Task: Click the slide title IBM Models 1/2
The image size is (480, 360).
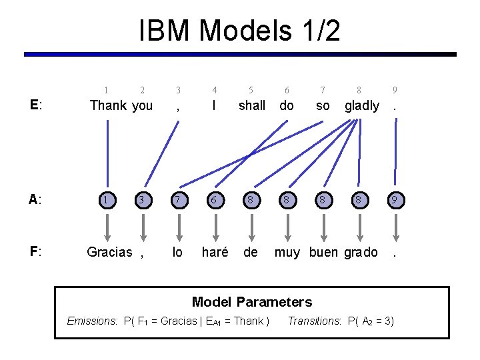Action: coord(239,31)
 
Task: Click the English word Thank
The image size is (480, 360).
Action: coord(108,105)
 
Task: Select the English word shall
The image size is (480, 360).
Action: coord(251,105)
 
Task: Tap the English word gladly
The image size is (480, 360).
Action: coord(361,105)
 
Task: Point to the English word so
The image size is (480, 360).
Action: coord(323,105)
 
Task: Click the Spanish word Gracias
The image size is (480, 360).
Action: coord(109,252)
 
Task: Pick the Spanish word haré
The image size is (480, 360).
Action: coord(215,252)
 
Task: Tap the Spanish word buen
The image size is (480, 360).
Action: coord(323,252)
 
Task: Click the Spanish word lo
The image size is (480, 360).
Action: coord(177,252)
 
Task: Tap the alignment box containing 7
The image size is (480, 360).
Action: coord(178,199)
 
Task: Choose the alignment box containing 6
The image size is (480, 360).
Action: coord(214,199)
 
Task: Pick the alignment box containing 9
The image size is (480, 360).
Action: coord(395,199)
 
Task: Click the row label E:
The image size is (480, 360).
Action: coord(36,105)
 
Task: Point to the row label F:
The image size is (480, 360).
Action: coord(36,252)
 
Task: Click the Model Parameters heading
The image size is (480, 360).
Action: coord(251,302)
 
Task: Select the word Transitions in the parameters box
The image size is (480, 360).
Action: coord(313,321)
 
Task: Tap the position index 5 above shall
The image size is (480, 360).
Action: coord(251,90)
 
